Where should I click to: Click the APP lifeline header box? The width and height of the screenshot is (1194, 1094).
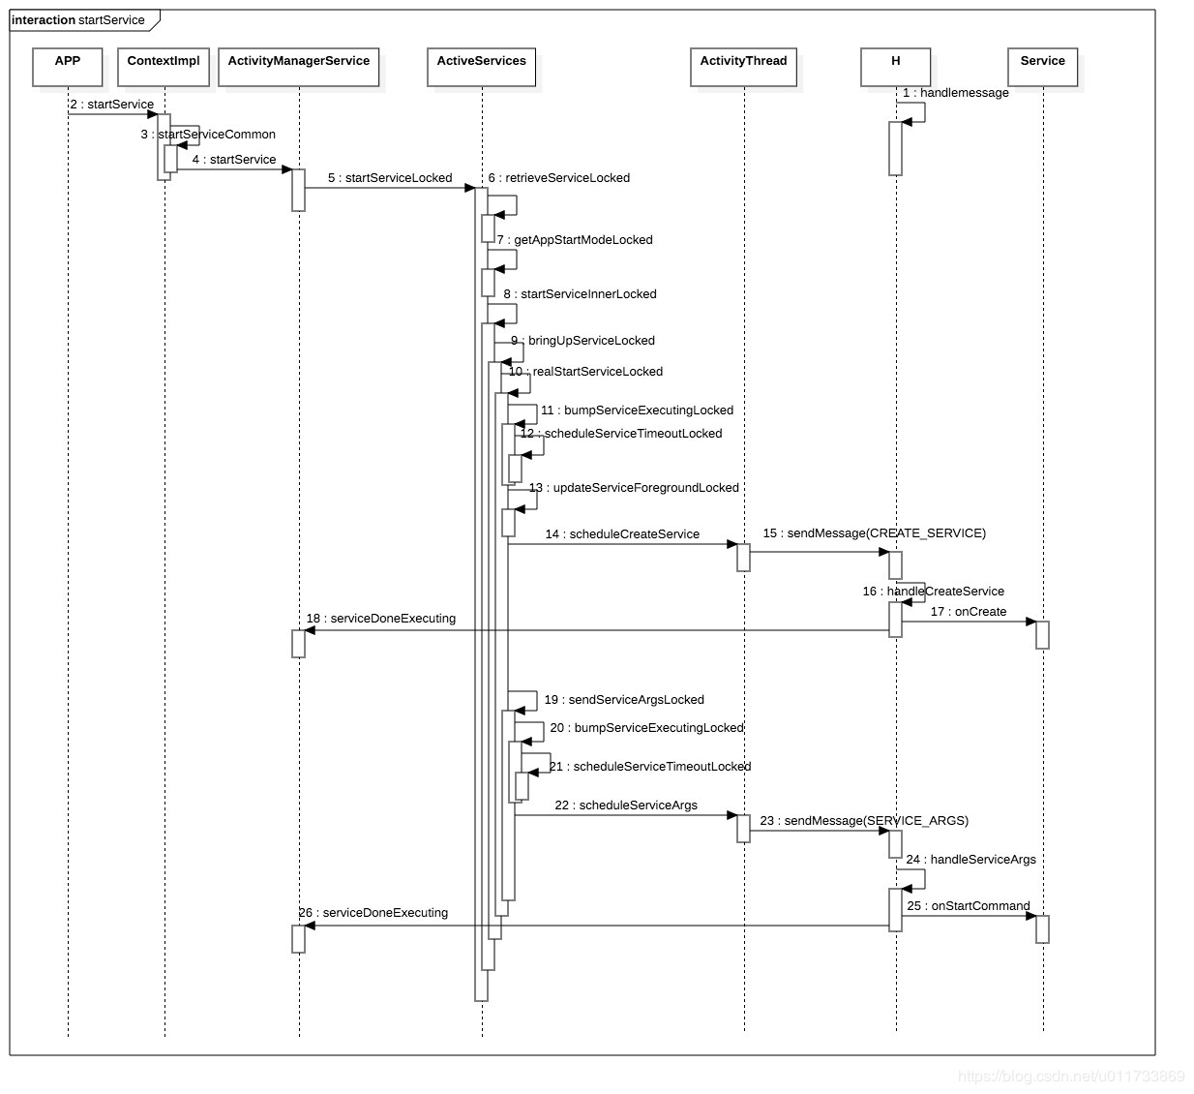[x=68, y=67]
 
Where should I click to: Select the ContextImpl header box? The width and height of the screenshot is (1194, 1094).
[x=164, y=67]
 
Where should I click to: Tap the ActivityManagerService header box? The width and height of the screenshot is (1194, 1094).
[x=299, y=67]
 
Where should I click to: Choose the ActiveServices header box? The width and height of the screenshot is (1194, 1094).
[x=481, y=67]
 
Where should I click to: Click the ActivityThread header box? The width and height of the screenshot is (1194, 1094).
[x=743, y=67]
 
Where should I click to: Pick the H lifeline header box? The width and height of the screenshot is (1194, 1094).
[x=895, y=67]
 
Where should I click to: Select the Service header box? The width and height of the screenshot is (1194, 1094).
[x=1042, y=67]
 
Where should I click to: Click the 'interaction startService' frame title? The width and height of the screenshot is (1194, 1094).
[x=78, y=20]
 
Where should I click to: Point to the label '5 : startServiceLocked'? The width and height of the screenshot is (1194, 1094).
[x=390, y=178]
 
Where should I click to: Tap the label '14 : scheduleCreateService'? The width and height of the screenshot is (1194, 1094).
[x=622, y=534]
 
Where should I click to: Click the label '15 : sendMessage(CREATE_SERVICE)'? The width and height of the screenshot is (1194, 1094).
[x=874, y=533]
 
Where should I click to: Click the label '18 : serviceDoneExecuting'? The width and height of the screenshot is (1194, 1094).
[x=381, y=619]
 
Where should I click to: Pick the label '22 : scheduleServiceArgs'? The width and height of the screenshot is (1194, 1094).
[x=626, y=805]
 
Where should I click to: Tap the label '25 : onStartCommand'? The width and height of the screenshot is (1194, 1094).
[x=968, y=906]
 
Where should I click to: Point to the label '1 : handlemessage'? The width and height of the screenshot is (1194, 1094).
[x=955, y=93]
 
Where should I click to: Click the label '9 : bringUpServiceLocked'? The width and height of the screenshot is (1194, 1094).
[x=583, y=341]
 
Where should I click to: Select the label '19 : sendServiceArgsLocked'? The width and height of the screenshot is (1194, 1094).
[x=624, y=700]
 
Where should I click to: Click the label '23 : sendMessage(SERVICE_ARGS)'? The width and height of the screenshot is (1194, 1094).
[x=864, y=821]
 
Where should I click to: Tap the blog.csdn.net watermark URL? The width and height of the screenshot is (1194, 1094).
[x=1070, y=1077]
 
